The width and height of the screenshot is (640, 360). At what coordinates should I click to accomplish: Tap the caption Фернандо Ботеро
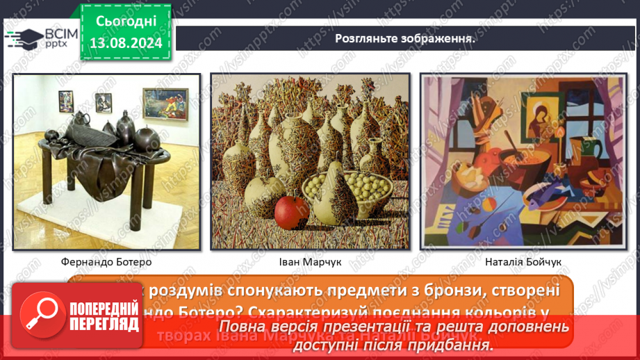click(x=106, y=262)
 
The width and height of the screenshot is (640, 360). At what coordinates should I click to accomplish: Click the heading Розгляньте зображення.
click(x=405, y=39)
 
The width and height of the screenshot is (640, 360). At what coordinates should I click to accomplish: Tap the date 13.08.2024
click(x=125, y=43)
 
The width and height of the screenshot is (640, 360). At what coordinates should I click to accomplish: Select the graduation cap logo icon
click(x=23, y=38)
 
